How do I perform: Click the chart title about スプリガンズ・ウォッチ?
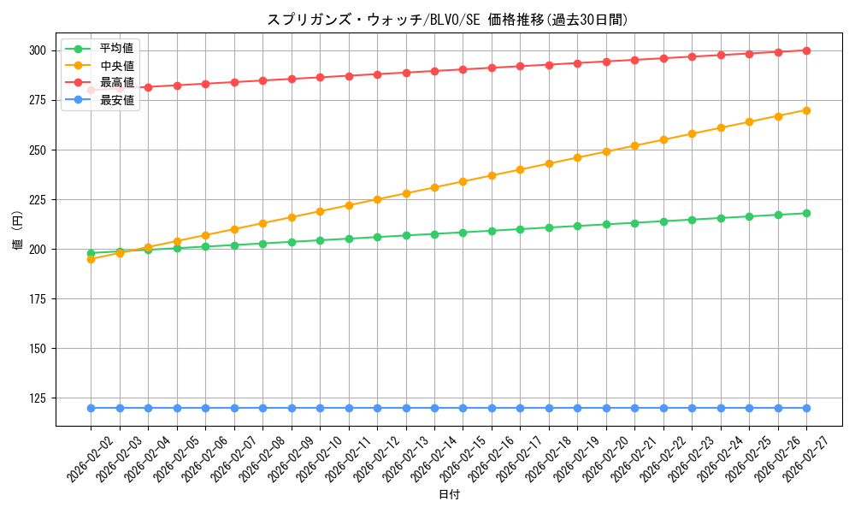click(x=447, y=20)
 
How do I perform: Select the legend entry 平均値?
click(x=116, y=48)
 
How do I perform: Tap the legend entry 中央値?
click(x=116, y=65)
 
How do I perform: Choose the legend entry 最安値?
click(x=116, y=100)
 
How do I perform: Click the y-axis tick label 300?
click(x=39, y=50)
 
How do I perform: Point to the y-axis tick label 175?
click(x=39, y=299)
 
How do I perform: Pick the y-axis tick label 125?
click(x=39, y=398)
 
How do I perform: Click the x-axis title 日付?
click(x=449, y=495)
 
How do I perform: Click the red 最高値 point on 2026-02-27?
click(x=806, y=50)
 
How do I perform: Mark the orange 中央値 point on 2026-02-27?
click(x=806, y=110)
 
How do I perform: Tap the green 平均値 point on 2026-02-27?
click(x=806, y=213)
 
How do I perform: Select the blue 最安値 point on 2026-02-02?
click(x=91, y=408)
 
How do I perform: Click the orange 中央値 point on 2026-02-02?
click(x=91, y=259)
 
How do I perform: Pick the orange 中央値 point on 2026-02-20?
click(x=606, y=151)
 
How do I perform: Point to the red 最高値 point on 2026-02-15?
click(x=463, y=69)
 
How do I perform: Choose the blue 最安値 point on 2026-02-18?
click(x=549, y=408)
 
